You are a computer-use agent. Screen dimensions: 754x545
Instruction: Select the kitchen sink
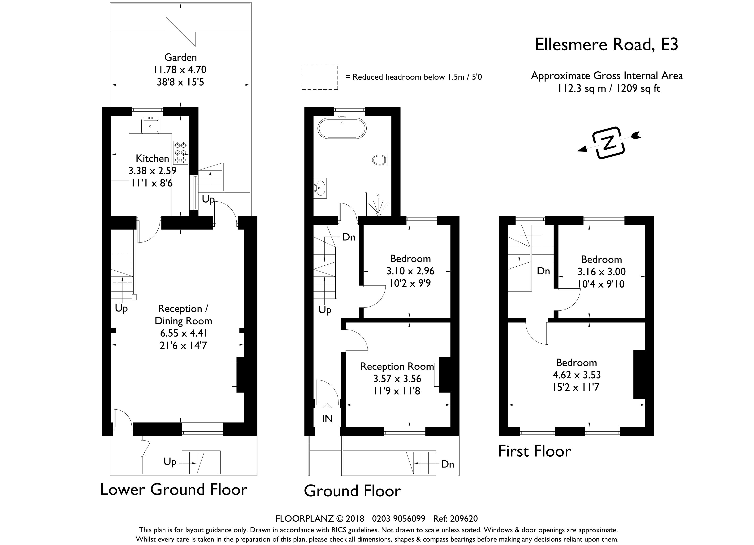(x=150, y=126)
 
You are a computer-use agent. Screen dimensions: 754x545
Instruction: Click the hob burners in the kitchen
(x=181, y=152)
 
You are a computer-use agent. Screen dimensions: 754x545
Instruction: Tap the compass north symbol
(x=609, y=143)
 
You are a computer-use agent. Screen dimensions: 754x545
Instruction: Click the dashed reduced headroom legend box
(x=320, y=78)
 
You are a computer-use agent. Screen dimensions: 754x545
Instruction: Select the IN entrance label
(x=327, y=419)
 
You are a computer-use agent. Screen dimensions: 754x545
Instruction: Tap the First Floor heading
(x=535, y=451)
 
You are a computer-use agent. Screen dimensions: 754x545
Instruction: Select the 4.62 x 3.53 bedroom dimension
(x=577, y=375)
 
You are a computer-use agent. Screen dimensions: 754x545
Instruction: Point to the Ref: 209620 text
(x=455, y=519)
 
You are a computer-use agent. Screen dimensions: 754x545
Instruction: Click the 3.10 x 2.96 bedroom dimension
(x=410, y=271)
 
